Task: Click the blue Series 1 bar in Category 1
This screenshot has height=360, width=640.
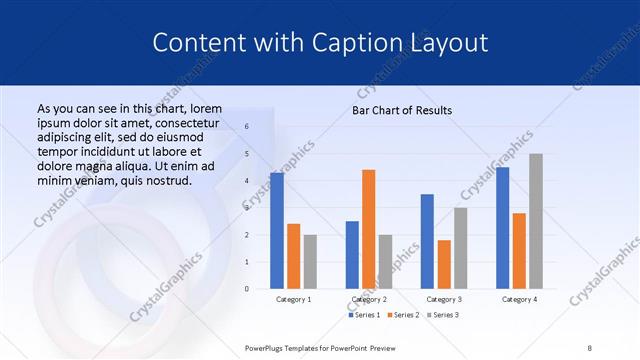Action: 277,230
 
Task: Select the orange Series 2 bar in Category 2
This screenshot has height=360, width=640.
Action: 368,229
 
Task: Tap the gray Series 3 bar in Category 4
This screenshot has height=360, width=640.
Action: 536,221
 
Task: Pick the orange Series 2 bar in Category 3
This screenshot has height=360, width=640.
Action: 444,264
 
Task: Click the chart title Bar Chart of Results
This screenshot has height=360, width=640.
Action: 402,110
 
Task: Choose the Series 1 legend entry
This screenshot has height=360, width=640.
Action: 364,315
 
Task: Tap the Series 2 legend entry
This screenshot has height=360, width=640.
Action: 403,315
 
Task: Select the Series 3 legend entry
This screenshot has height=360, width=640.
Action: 441,315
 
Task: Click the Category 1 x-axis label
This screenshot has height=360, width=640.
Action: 293,299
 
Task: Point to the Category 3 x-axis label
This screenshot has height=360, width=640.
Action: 444,299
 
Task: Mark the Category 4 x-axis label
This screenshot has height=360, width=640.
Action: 519,299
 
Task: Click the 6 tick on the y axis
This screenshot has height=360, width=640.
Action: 247,127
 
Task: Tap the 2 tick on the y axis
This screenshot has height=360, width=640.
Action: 247,234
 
